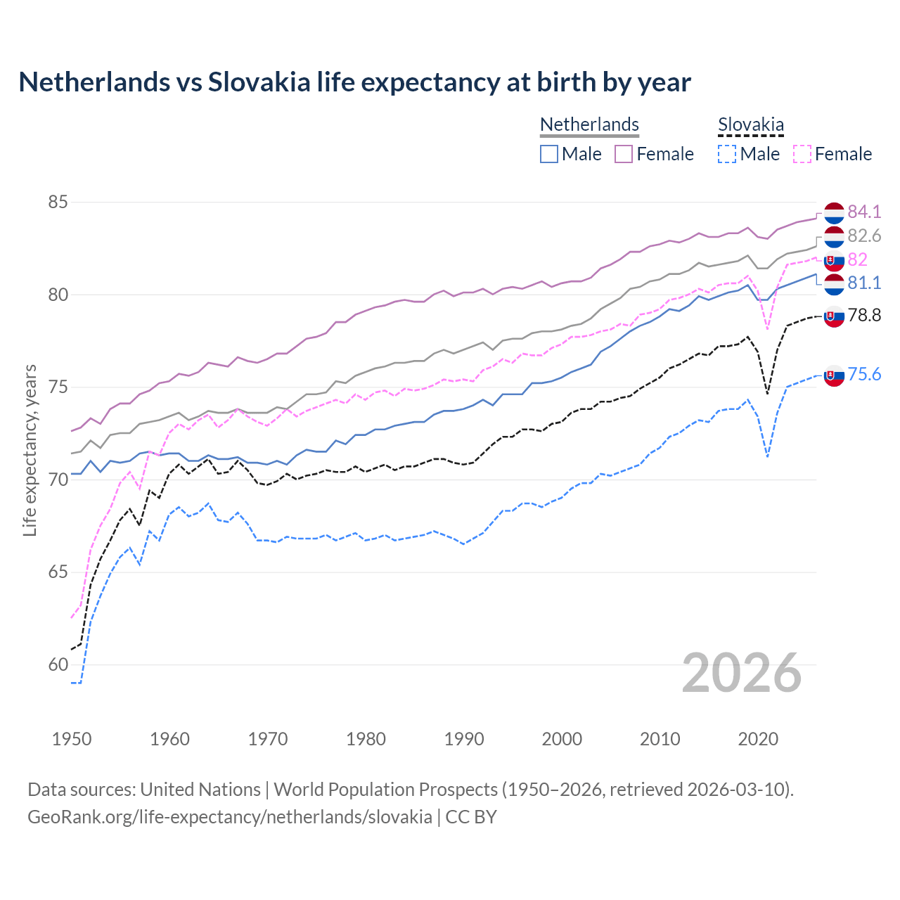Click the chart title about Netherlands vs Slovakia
pyautogui.click(x=355, y=82)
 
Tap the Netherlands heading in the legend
pyautogui.click(x=589, y=124)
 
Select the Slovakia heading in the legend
pyautogui.click(x=750, y=124)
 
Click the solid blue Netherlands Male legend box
pyautogui.click(x=549, y=154)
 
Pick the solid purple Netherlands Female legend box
pyautogui.click(x=624, y=154)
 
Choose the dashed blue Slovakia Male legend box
pyautogui.click(x=727, y=154)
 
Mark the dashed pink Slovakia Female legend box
pyautogui.click(x=802, y=154)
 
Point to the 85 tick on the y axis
pyautogui.click(x=58, y=202)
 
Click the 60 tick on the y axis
pyautogui.click(x=58, y=664)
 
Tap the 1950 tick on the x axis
pyautogui.click(x=72, y=739)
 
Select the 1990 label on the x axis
pyautogui.click(x=464, y=739)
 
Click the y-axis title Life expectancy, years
pyautogui.click(x=30, y=450)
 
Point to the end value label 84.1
pyautogui.click(x=864, y=212)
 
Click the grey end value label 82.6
pyautogui.click(x=864, y=236)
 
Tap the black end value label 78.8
pyautogui.click(x=864, y=315)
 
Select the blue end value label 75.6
pyautogui.click(x=864, y=374)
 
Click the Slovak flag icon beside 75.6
pyautogui.click(x=834, y=376)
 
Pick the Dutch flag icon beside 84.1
pyautogui.click(x=834, y=212)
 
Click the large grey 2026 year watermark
pyautogui.click(x=742, y=673)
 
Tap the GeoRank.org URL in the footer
pyautogui.click(x=230, y=817)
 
